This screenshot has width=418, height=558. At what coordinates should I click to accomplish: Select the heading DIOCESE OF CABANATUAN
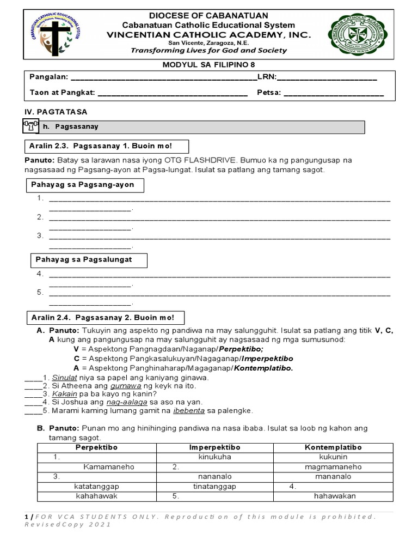[208, 15]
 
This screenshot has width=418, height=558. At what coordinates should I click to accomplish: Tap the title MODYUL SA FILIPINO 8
[209, 64]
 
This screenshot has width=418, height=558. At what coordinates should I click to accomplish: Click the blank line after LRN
[327, 78]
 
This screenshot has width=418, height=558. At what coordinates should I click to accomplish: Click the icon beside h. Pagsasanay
[30, 126]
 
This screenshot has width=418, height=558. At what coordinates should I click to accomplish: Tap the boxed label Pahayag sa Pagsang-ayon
[85, 185]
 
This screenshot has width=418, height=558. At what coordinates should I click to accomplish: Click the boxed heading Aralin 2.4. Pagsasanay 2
[105, 318]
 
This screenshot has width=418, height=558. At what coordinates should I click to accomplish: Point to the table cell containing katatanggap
[96, 487]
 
